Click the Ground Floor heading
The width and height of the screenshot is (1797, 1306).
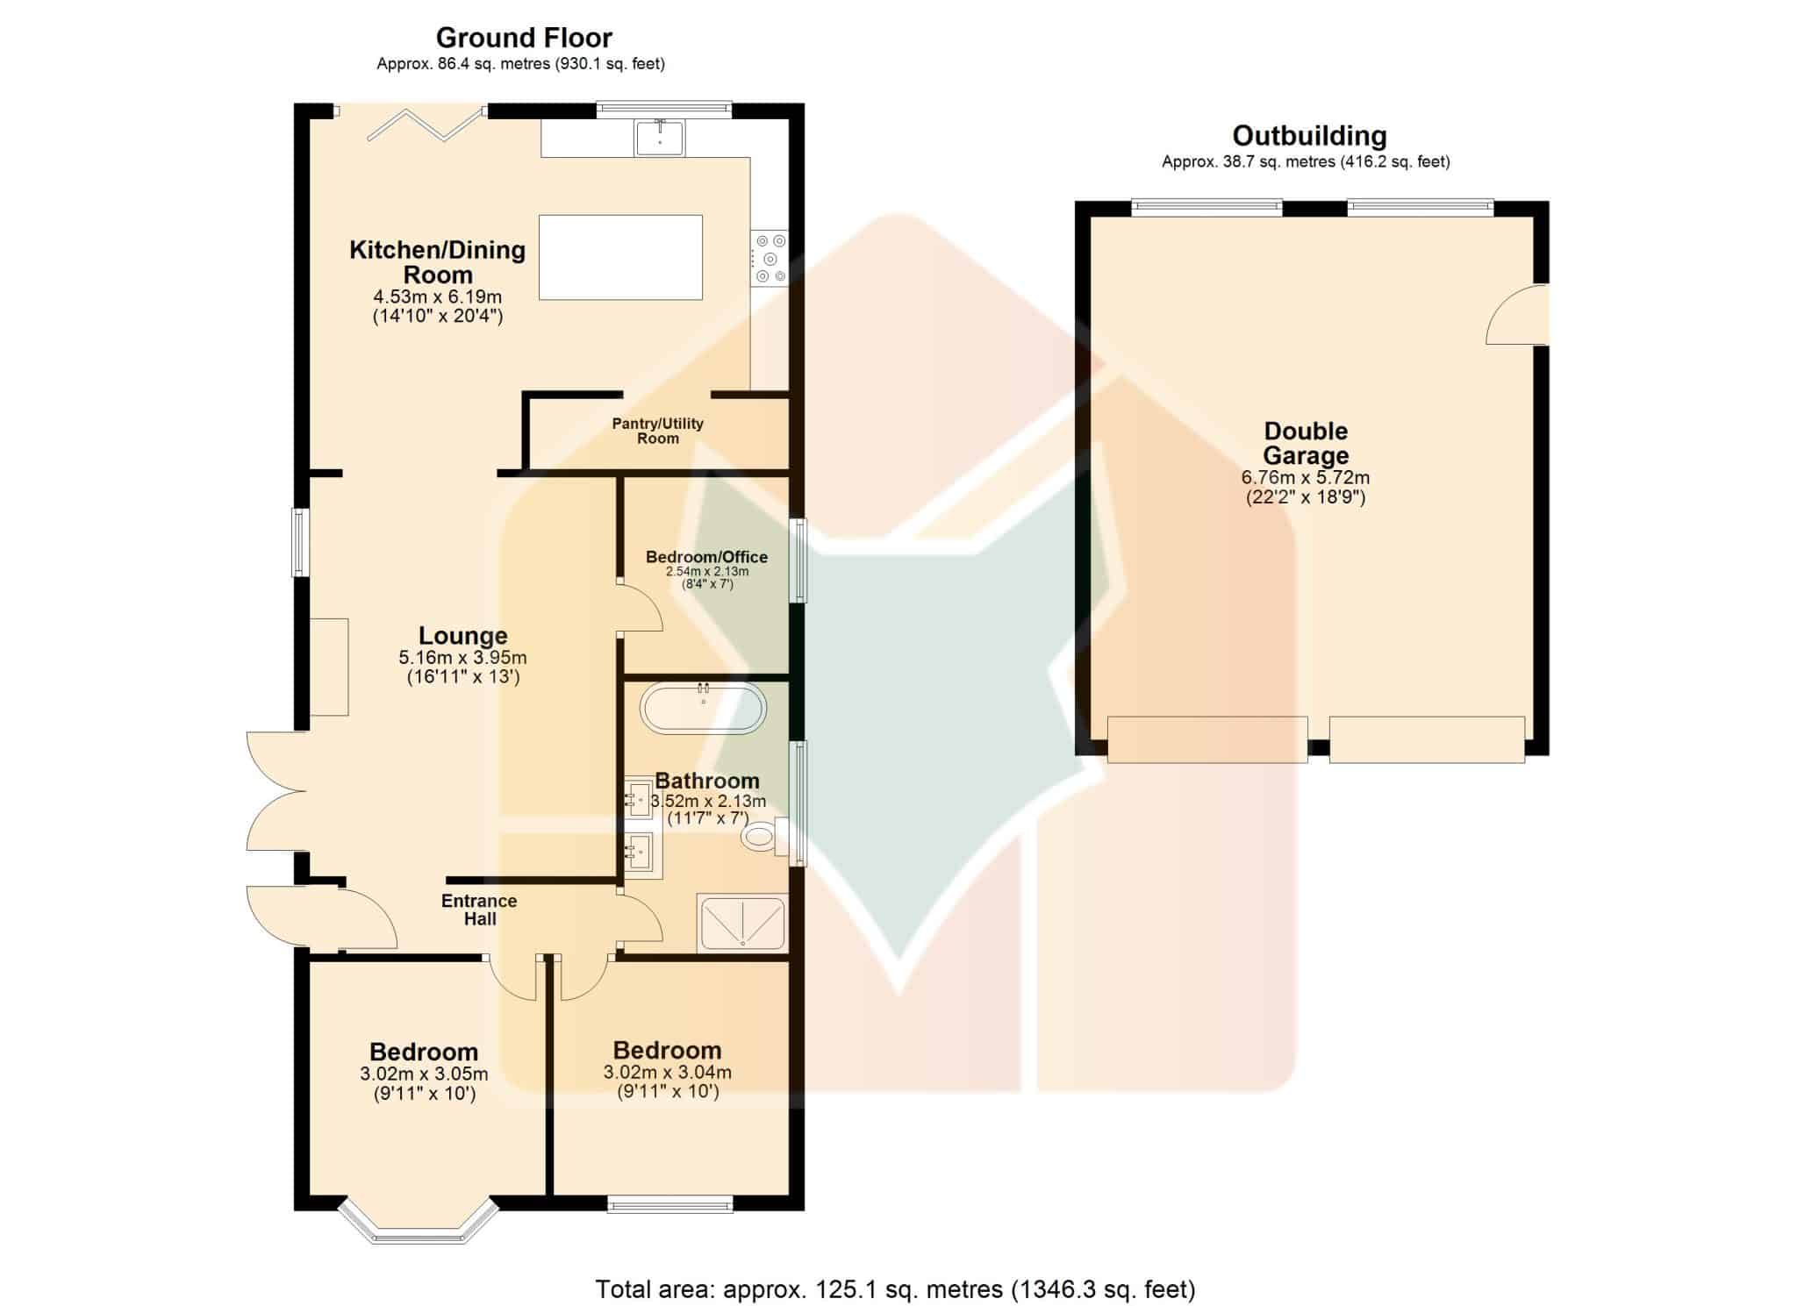pyautogui.click(x=524, y=38)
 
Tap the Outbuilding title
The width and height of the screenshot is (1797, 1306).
pyautogui.click(x=1309, y=136)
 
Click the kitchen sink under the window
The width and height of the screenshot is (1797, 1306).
pyautogui.click(x=660, y=138)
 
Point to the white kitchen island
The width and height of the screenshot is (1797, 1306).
pyautogui.click(x=620, y=257)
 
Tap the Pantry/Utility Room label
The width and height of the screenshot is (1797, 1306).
pyautogui.click(x=658, y=431)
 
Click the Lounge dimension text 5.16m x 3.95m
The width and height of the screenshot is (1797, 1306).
pyautogui.click(x=463, y=658)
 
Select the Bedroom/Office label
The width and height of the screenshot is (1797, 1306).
pyautogui.click(x=706, y=557)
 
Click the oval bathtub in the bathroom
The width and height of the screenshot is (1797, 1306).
pyautogui.click(x=703, y=709)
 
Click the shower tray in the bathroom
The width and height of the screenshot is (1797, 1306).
pyautogui.click(x=742, y=923)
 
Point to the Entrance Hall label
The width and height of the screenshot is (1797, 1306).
pyautogui.click(x=479, y=910)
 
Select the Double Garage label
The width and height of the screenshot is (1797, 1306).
pyautogui.click(x=1306, y=443)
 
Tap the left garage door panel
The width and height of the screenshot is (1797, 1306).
pyautogui.click(x=1207, y=739)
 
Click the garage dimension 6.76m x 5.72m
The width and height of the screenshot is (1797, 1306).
pyautogui.click(x=1306, y=478)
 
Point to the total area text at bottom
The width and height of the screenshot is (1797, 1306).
pyautogui.click(x=896, y=1289)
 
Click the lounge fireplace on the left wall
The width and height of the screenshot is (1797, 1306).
pyautogui.click(x=329, y=667)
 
